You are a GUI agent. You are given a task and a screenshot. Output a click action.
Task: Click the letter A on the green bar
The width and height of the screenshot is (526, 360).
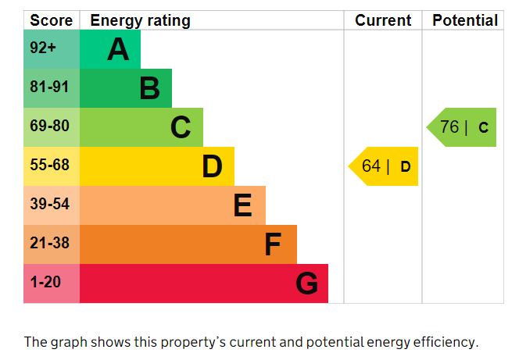click(x=118, y=49)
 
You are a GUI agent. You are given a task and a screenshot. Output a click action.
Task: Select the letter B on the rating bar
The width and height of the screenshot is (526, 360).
click(x=149, y=88)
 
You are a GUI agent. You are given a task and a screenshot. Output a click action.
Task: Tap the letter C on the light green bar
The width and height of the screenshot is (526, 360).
click(x=181, y=127)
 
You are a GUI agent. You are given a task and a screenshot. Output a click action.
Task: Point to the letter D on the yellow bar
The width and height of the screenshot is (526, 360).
click(x=212, y=166)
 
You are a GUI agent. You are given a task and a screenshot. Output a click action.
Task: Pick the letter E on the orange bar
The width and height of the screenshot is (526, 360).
click(x=243, y=205)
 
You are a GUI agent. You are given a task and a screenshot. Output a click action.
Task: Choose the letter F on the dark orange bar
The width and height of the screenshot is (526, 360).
click(x=273, y=244)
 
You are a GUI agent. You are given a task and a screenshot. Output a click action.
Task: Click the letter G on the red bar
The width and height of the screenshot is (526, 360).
click(x=307, y=283)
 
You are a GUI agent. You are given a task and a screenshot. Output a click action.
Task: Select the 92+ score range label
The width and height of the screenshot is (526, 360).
click(x=43, y=48)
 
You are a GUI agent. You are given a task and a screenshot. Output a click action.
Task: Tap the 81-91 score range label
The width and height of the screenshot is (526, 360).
click(x=49, y=87)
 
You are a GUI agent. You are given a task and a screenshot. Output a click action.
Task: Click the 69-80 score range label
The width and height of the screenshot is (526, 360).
click(x=49, y=127)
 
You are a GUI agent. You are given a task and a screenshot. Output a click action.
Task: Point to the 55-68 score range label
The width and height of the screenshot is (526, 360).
click(x=49, y=166)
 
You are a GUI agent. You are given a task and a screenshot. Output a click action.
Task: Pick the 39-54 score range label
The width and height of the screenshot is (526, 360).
click(x=49, y=205)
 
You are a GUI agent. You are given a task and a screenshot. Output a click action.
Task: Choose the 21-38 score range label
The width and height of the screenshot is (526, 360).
click(x=49, y=244)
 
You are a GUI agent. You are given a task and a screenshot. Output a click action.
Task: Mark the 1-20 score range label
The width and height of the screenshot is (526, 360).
click(x=45, y=283)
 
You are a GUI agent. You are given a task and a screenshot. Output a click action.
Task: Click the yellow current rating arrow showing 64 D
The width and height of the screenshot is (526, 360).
click(x=385, y=166)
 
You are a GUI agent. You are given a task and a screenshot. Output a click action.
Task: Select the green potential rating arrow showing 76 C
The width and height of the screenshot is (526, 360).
click(x=463, y=127)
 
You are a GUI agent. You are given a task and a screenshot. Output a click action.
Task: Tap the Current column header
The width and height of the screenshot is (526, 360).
click(x=383, y=20)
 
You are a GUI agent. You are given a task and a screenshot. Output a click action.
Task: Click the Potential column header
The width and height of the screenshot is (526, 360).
click(x=465, y=20)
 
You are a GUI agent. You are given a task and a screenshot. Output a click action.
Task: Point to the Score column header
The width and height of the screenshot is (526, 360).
click(x=51, y=20)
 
